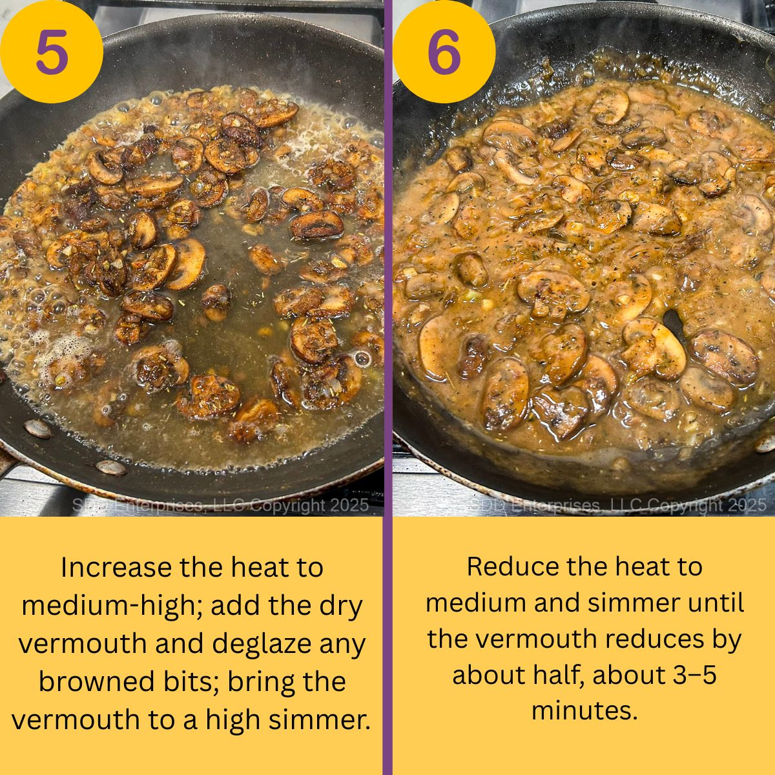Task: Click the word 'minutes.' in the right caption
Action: point(584,711)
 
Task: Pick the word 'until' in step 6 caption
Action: point(716,603)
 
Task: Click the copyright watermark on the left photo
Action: point(220,505)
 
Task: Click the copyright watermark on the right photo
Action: point(617,505)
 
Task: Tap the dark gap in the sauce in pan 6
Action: point(674,320)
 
